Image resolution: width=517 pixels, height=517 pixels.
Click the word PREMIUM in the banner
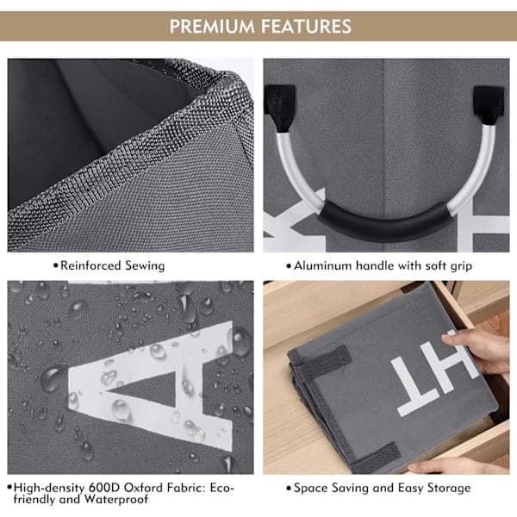pyautogui.click(x=212, y=27)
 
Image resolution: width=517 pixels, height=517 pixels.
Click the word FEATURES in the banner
pyautogui.click(x=306, y=27)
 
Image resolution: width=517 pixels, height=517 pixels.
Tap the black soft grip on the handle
pyautogui.click(x=384, y=221)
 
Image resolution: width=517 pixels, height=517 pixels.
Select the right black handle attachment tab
pyautogui.click(x=489, y=105)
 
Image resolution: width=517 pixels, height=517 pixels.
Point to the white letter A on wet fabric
pyautogui.click(x=151, y=387)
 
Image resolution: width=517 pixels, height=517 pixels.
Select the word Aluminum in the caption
pyautogui.click(x=323, y=265)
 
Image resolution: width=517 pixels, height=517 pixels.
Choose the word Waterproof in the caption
pyautogui.click(x=116, y=499)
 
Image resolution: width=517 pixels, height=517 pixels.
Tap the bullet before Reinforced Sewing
pyautogui.click(x=56, y=265)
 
